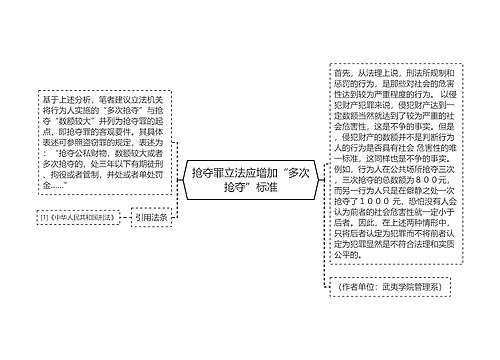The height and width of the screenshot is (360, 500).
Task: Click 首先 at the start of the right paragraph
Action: coord(342,73)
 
